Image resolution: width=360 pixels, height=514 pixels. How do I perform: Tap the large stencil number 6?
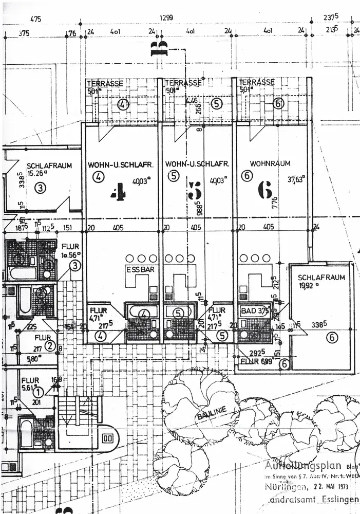click(x=265, y=191)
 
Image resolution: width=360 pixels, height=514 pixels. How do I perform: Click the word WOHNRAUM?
click(x=270, y=163)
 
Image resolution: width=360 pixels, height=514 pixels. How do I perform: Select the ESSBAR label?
click(x=137, y=269)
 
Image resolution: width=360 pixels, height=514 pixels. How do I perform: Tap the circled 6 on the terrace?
click(x=278, y=103)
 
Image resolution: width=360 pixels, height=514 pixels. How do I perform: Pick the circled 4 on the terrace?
click(x=123, y=104)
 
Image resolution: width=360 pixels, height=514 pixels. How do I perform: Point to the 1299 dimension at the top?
click(x=166, y=17)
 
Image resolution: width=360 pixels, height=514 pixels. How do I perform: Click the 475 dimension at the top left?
click(x=35, y=20)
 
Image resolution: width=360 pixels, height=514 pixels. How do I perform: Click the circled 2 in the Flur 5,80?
click(x=50, y=345)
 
